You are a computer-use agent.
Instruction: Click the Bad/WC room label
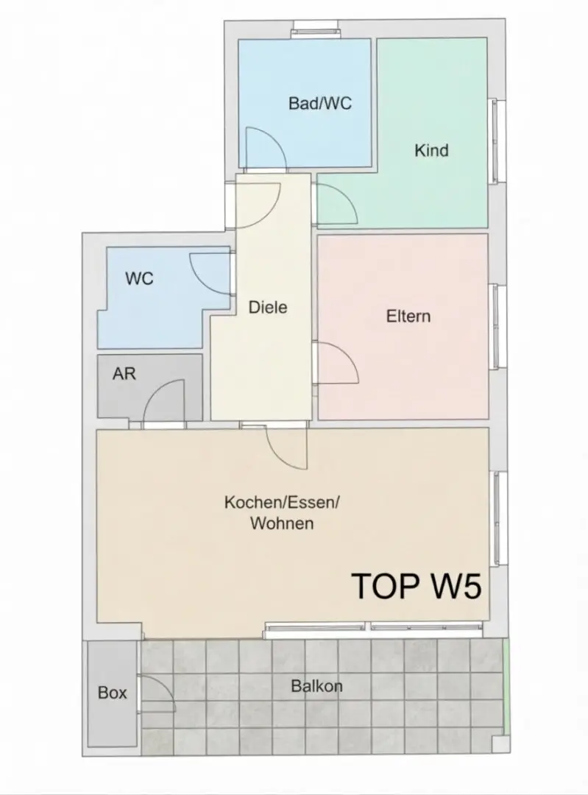click(320, 104)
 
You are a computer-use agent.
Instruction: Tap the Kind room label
click(431, 151)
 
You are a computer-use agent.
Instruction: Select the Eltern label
click(408, 317)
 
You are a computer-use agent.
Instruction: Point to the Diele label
click(268, 307)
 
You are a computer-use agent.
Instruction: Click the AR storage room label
click(124, 374)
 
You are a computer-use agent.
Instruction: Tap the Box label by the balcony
click(112, 693)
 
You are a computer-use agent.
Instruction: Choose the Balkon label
click(316, 686)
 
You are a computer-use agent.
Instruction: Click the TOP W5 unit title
click(416, 586)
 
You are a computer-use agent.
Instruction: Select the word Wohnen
click(282, 523)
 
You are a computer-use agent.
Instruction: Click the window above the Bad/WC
click(314, 29)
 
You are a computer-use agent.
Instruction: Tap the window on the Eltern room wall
click(497, 327)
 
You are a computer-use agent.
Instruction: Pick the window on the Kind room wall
click(497, 141)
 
